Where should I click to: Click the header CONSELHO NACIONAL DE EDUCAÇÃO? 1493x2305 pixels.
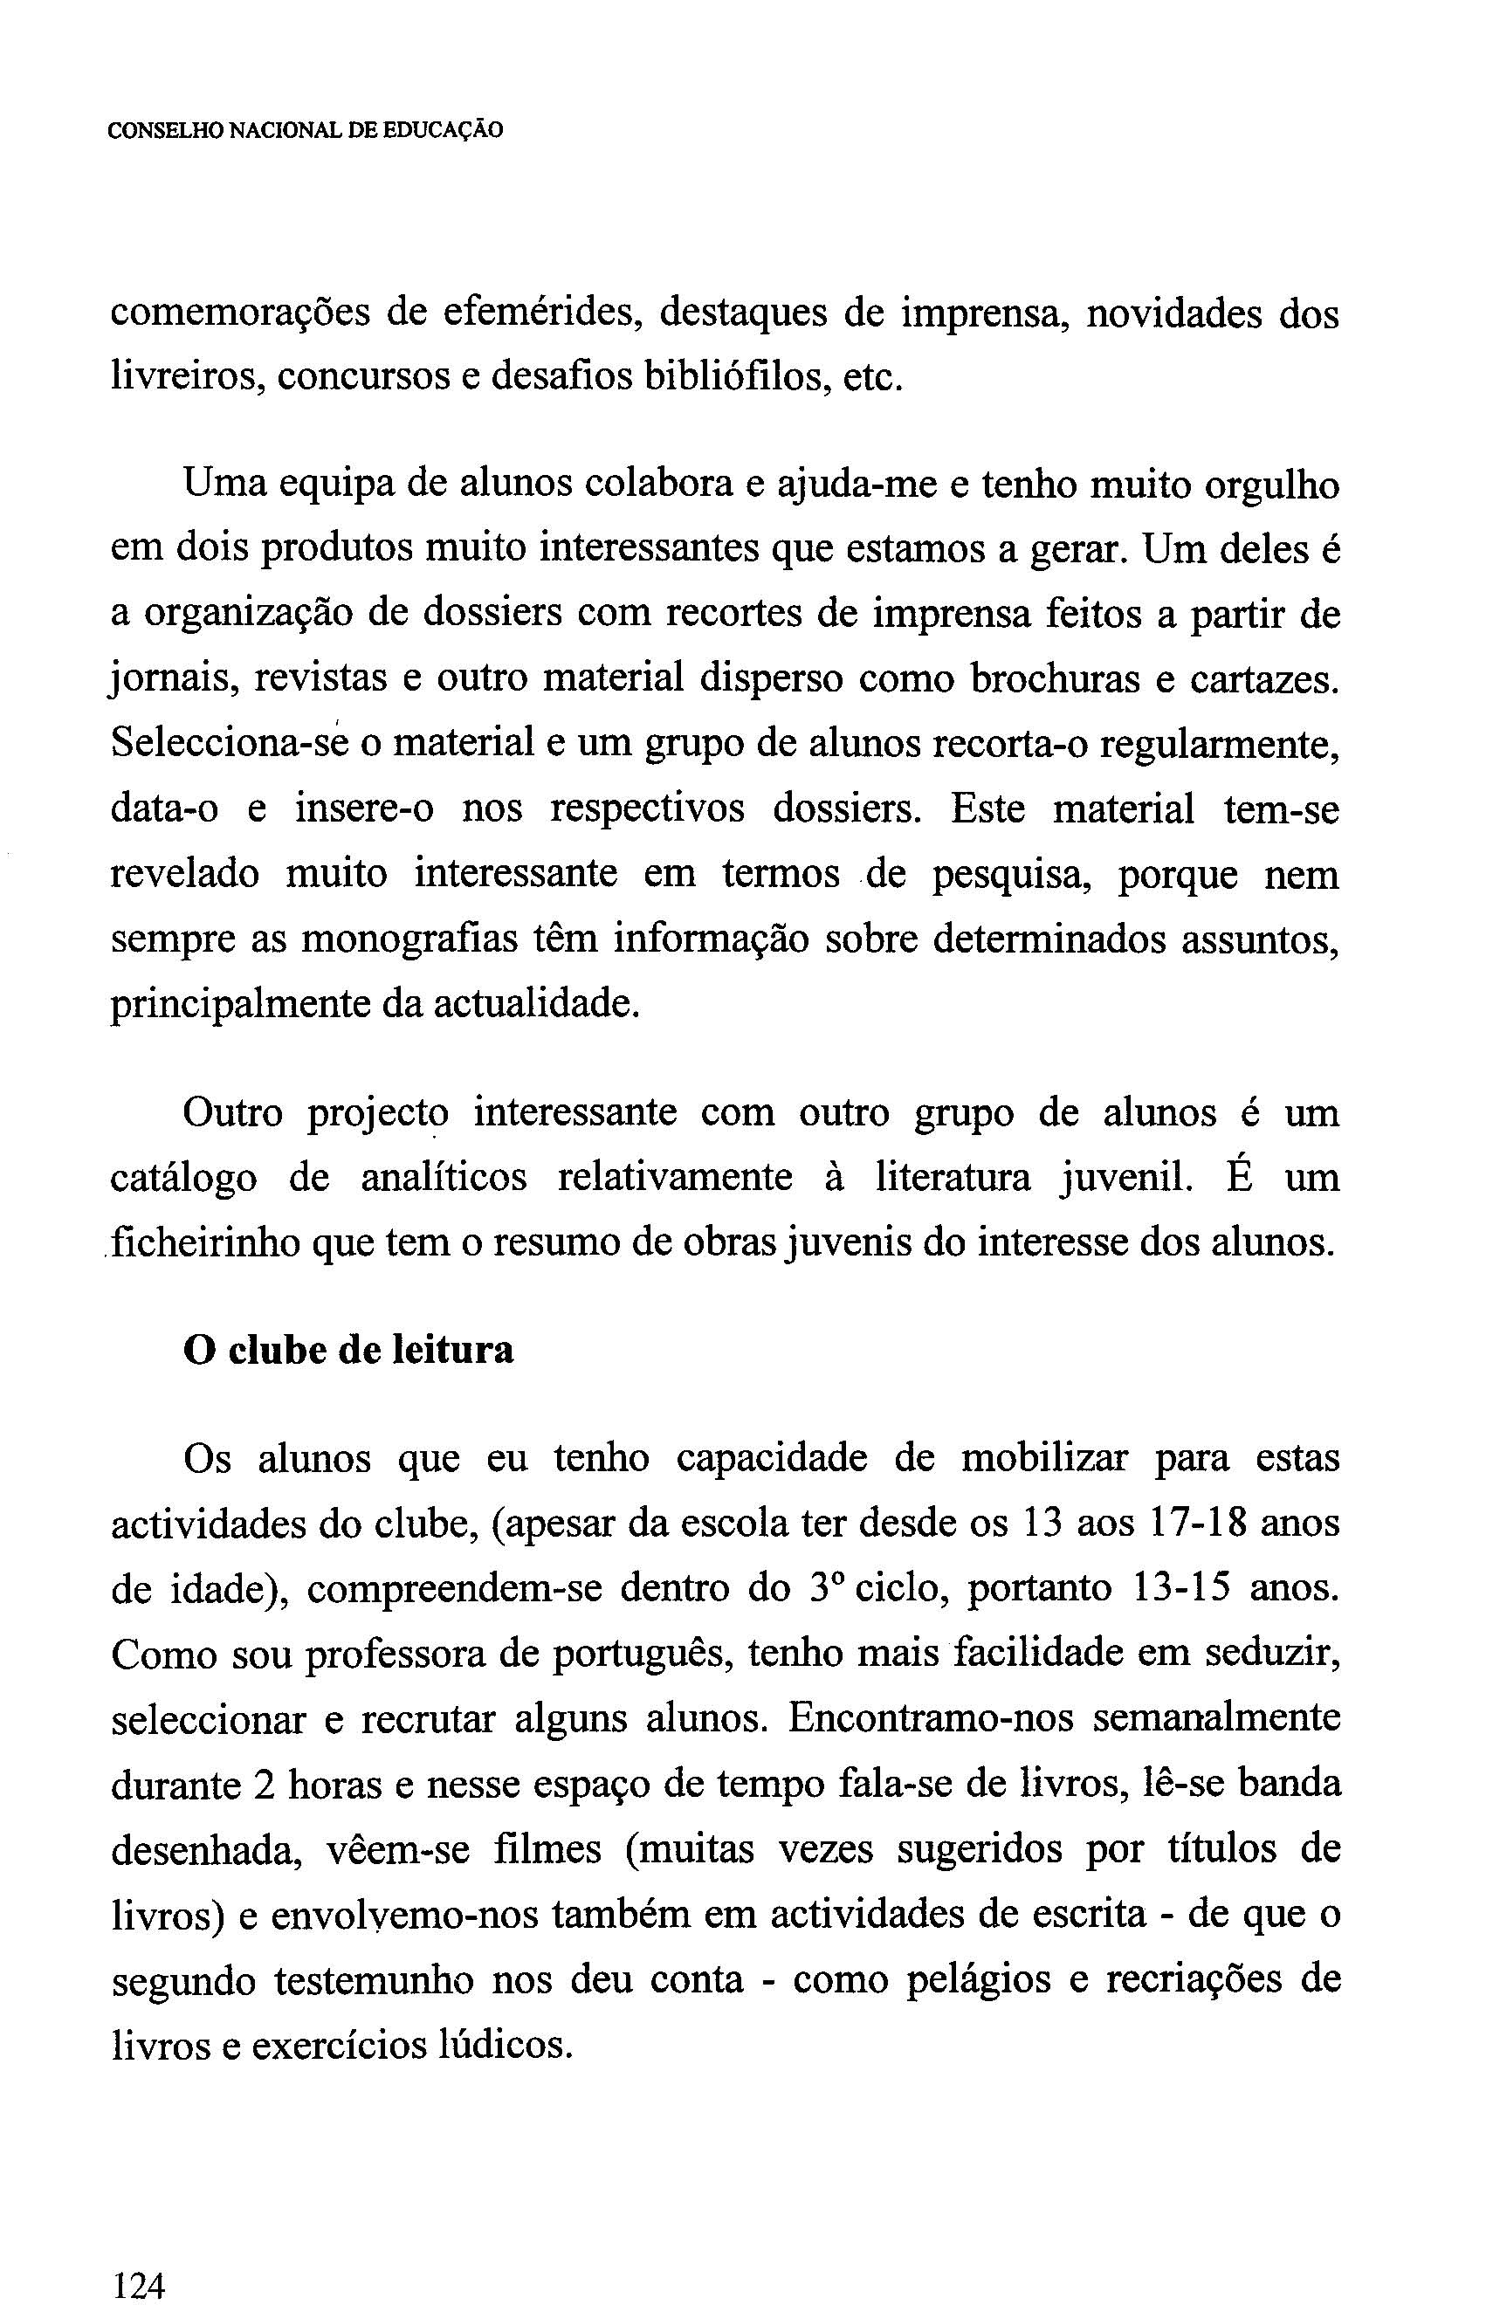click(x=305, y=130)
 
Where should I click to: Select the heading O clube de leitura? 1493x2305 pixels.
click(x=347, y=1350)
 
